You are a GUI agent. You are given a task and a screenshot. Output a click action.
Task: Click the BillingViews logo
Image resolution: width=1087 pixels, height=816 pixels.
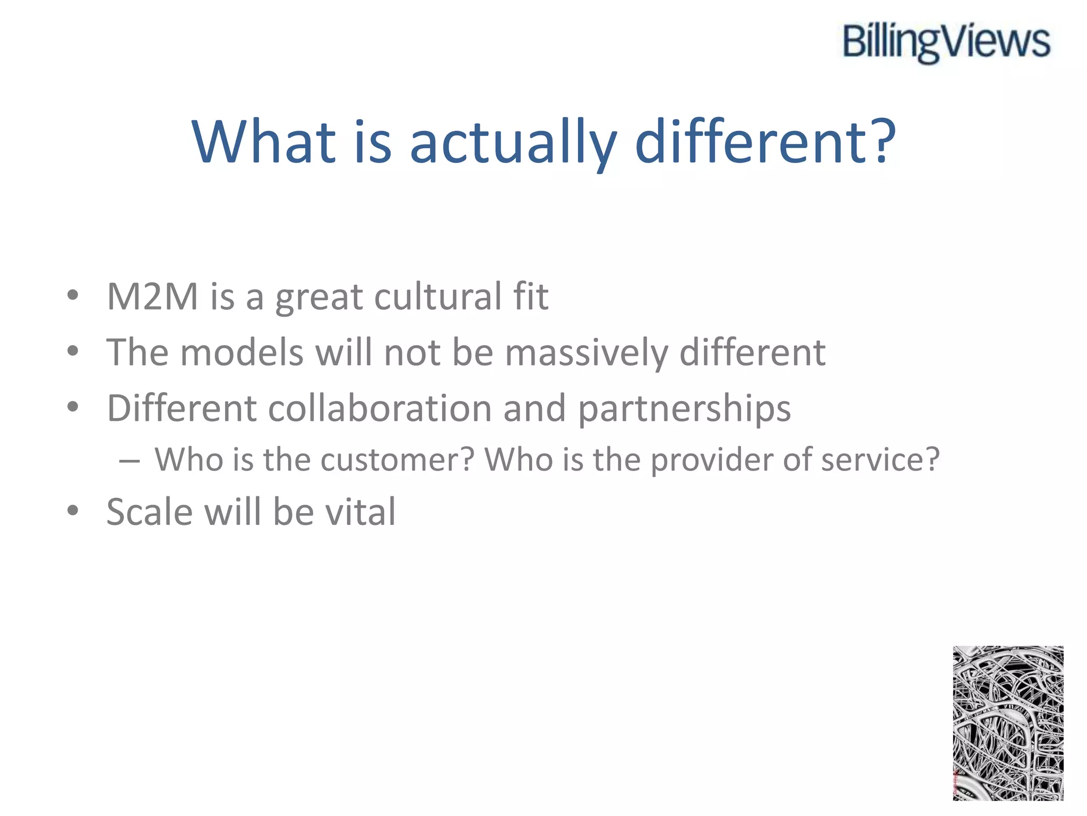pyautogui.click(x=946, y=42)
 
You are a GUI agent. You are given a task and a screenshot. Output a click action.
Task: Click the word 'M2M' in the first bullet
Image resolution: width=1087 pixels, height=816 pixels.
pyautogui.click(x=152, y=296)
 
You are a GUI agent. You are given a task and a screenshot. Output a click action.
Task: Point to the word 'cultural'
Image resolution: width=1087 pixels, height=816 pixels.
pyautogui.click(x=437, y=296)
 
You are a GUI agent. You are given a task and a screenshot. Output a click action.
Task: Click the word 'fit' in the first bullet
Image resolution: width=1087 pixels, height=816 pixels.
pyautogui.click(x=530, y=296)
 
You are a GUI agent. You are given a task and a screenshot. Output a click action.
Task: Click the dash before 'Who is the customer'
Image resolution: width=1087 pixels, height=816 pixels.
pyautogui.click(x=130, y=461)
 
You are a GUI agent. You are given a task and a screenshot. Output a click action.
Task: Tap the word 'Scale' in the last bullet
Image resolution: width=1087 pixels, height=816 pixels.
pyautogui.click(x=149, y=512)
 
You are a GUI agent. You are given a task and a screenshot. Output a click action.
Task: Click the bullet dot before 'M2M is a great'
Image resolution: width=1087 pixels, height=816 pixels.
pyautogui.click(x=73, y=295)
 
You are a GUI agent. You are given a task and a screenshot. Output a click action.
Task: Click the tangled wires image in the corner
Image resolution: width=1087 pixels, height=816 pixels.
pyautogui.click(x=1007, y=723)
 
